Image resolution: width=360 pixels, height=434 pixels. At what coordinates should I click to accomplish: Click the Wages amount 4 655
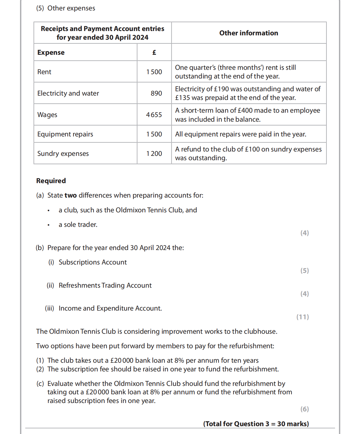[x=154, y=115]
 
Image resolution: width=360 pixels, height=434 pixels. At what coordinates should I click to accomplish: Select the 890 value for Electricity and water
[x=156, y=93]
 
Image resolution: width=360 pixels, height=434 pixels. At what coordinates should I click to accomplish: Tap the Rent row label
[x=44, y=72]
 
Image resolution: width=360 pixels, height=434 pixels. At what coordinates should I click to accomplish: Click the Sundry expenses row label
[x=63, y=154]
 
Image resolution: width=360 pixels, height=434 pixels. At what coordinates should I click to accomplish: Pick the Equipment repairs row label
[x=65, y=134]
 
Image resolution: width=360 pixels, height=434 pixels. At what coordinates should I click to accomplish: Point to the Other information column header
[x=249, y=33]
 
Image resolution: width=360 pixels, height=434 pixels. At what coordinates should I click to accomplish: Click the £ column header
[x=154, y=52]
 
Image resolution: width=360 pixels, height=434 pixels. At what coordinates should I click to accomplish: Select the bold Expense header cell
[x=51, y=52]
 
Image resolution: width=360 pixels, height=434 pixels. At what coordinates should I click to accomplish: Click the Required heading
[x=51, y=181]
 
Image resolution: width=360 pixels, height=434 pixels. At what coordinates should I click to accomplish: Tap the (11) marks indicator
[x=302, y=317]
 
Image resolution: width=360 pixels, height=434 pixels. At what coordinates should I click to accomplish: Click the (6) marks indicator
[x=304, y=409]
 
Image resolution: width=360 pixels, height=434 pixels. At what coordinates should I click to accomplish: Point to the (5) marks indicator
[x=304, y=270]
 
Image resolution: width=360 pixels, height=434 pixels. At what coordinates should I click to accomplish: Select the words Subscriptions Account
[x=93, y=262]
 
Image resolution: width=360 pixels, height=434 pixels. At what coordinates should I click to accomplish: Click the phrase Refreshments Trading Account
[x=105, y=285]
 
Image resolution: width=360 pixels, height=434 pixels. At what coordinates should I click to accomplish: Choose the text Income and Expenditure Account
[x=110, y=308]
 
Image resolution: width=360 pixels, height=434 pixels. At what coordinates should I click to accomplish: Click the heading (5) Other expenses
[x=66, y=8]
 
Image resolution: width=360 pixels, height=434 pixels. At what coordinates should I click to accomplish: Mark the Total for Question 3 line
[x=256, y=424]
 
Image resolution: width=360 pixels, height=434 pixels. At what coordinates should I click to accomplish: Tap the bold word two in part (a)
[x=71, y=195]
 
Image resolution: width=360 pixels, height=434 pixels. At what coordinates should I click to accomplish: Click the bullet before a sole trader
[x=49, y=225]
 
